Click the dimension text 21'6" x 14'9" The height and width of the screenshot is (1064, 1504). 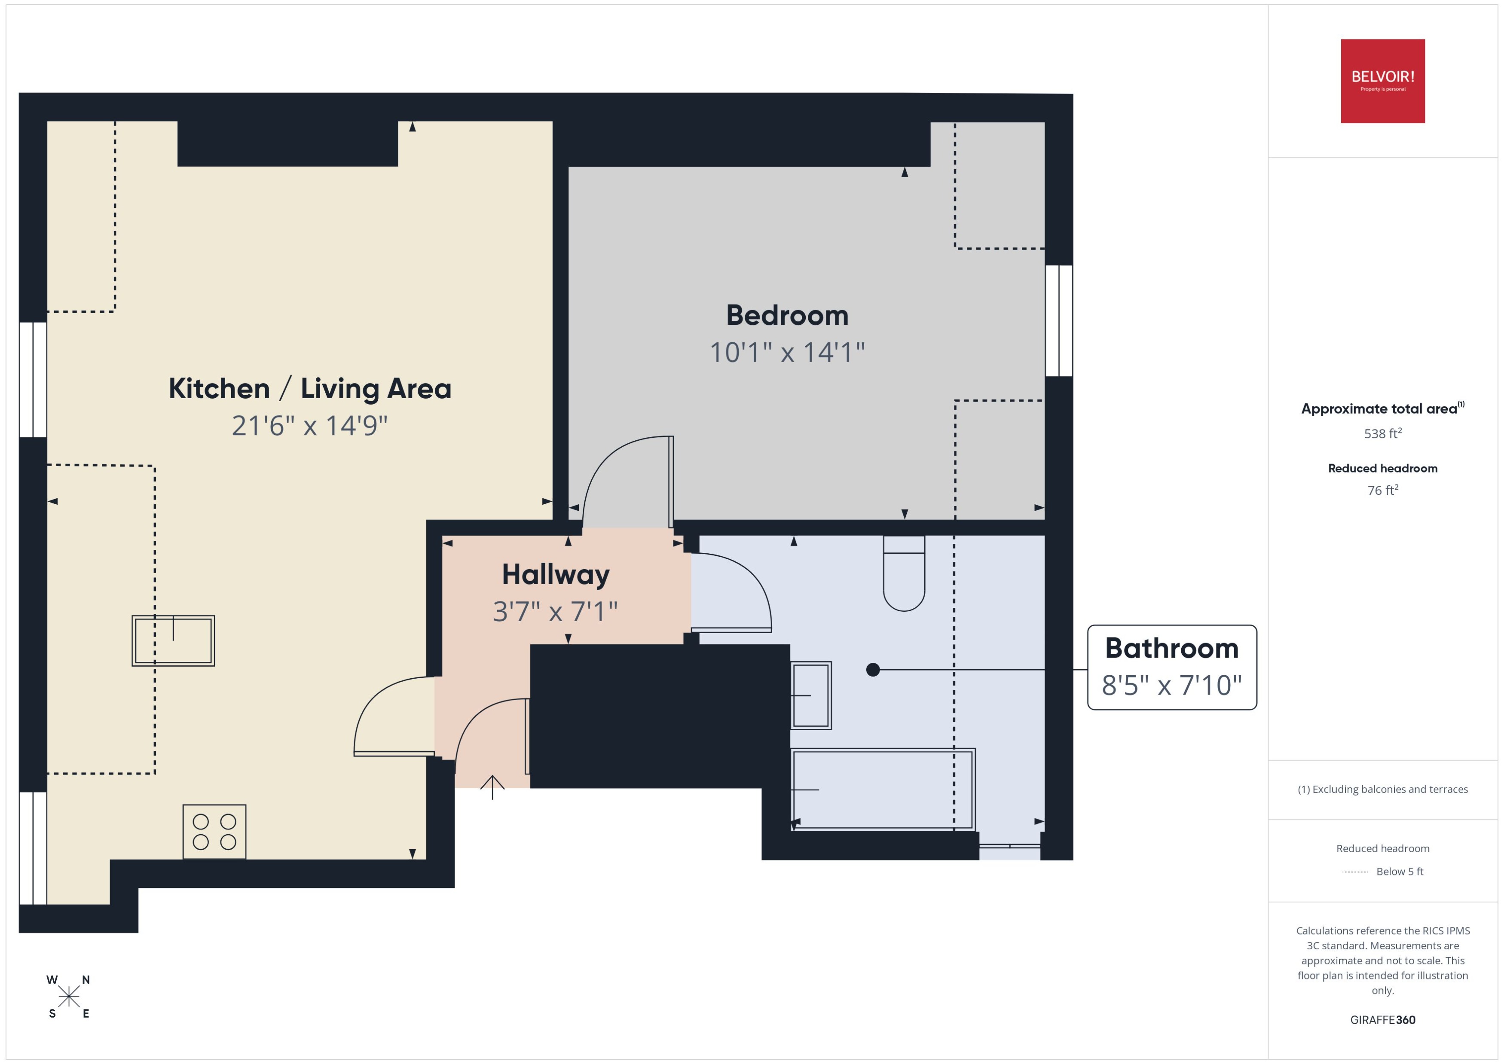click(x=309, y=426)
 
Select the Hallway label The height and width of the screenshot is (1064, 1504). click(x=555, y=575)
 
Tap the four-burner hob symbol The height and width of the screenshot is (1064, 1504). click(x=214, y=832)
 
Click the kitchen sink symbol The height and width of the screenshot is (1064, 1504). click(x=173, y=641)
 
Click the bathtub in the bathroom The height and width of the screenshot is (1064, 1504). click(x=883, y=790)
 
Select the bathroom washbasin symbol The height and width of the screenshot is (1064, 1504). click(x=811, y=695)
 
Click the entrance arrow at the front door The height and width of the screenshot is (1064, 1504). click(x=492, y=786)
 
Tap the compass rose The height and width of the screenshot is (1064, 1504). click(x=68, y=997)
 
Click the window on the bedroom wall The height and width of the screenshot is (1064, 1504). click(x=1058, y=320)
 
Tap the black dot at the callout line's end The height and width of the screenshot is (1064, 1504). click(x=872, y=670)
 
